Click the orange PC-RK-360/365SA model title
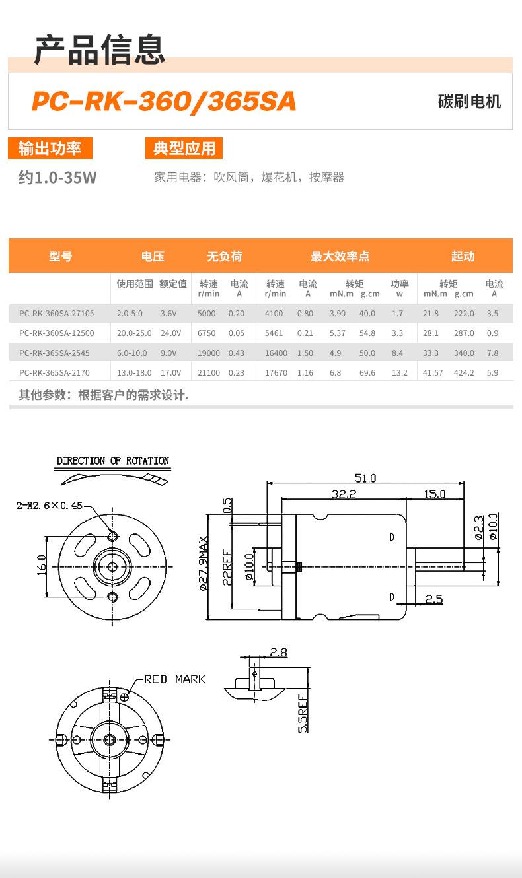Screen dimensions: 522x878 (x=164, y=102)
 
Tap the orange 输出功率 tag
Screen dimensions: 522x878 (x=50, y=148)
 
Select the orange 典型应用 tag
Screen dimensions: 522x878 (x=184, y=148)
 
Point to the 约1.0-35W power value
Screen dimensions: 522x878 (x=57, y=178)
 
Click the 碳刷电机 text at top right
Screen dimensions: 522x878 (x=469, y=102)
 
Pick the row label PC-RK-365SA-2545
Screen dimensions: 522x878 (x=54, y=353)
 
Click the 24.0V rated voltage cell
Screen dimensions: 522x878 (x=170, y=333)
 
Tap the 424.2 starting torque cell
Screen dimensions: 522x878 (x=464, y=373)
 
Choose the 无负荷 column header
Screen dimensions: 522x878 (x=225, y=256)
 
